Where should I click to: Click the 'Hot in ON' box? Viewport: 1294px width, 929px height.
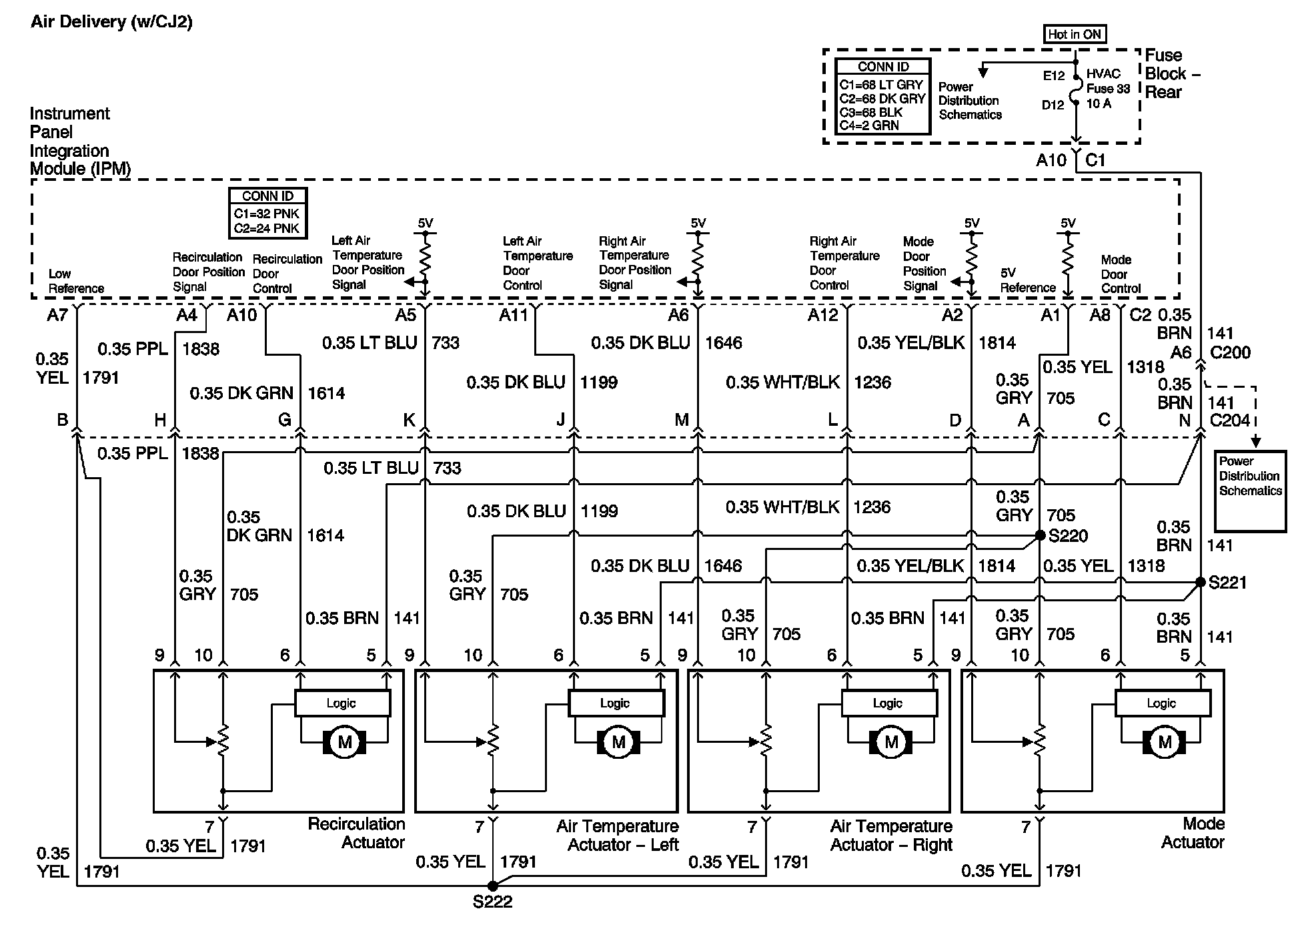[x=1074, y=34]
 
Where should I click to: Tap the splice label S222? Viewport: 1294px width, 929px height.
[x=492, y=902]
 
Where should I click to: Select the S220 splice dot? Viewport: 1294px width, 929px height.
[x=1039, y=535]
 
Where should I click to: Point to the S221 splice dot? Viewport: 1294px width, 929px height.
[x=1200, y=582]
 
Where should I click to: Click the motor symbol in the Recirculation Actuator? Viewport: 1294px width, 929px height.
[x=345, y=742]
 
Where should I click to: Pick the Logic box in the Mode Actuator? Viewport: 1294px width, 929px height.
[x=1162, y=703]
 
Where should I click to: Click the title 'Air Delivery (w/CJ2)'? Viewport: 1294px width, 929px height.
[x=111, y=22]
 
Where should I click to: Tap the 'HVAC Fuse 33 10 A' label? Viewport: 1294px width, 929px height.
[x=1108, y=89]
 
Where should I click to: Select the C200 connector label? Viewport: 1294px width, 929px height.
[x=1230, y=352]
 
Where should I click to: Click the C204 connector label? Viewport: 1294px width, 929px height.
[x=1230, y=420]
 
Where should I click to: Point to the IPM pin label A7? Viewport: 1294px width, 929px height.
[x=57, y=315]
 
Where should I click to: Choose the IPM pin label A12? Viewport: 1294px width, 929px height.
[x=822, y=315]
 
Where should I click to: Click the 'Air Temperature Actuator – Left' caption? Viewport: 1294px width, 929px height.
[x=617, y=836]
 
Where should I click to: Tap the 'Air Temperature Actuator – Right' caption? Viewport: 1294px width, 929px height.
[x=891, y=836]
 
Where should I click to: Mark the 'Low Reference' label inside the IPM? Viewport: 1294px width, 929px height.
[x=76, y=281]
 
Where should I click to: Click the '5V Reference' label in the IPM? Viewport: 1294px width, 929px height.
[x=1027, y=280]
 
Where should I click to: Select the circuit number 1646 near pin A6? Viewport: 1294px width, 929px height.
[x=724, y=343]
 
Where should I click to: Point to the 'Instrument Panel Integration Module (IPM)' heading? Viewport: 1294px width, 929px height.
[x=80, y=141]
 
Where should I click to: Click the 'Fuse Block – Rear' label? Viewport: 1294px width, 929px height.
[x=1172, y=73]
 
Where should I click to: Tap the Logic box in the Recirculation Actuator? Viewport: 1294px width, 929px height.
[x=342, y=703]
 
